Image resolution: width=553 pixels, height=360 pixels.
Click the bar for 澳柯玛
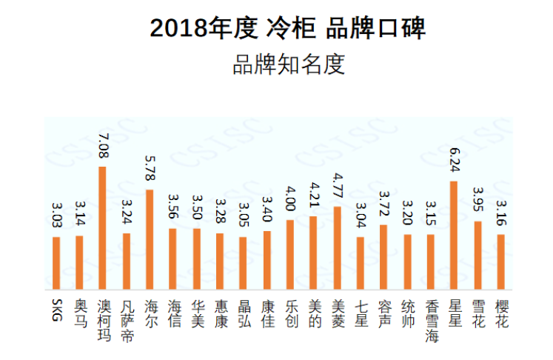[103, 227]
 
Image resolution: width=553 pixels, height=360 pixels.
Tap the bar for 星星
[454, 235]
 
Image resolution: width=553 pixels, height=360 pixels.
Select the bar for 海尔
[150, 239]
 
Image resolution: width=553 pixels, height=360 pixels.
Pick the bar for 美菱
[337, 247]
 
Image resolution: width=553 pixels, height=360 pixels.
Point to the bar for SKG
[56, 263]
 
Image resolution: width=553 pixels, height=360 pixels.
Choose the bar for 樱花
[500, 261]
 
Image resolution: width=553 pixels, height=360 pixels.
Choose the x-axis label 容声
[383, 314]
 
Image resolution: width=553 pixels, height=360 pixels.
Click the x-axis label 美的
[314, 314]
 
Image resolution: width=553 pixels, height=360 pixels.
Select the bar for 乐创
[290, 254]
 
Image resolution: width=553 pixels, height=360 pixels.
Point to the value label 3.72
[383, 205]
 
